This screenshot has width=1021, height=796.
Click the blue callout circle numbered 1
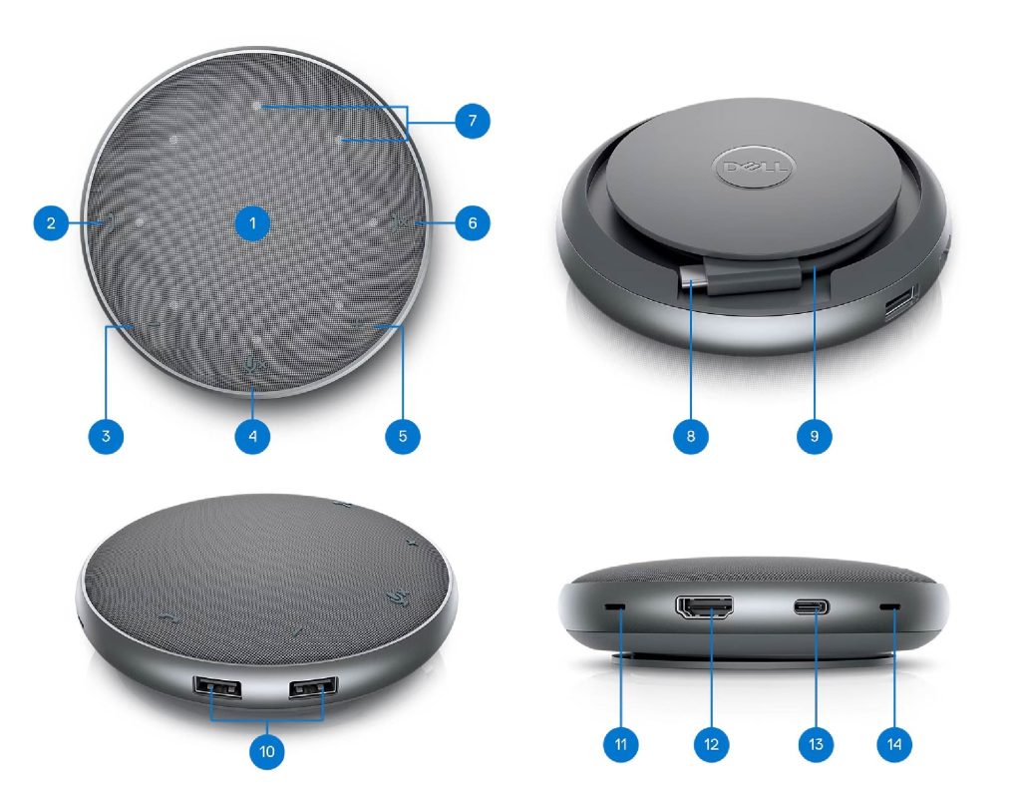252,223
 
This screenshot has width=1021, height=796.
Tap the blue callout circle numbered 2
51,223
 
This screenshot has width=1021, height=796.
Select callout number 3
106,435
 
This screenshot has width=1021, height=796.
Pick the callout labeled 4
252,435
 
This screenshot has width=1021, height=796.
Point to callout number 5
403,435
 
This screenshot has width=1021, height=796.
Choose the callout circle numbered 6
472,223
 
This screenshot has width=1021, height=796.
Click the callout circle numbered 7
472,121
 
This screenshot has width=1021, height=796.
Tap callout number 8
691,435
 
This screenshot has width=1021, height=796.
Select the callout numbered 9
814,435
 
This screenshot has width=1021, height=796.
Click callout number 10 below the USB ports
267,751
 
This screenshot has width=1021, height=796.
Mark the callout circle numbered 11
620,744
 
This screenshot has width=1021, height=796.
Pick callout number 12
711,744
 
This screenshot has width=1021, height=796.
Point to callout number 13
816,744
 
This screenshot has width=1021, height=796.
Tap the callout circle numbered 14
894,744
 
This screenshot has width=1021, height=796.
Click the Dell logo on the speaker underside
756,168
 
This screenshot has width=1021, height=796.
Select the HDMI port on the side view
705,607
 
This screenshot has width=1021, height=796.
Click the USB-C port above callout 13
812,608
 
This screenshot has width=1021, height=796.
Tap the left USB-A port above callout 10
216,688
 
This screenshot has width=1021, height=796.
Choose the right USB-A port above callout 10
314,687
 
